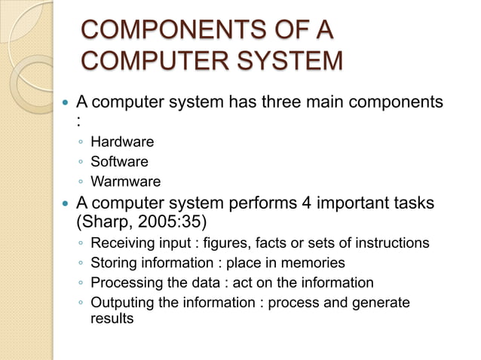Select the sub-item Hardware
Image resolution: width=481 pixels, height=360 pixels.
(x=122, y=142)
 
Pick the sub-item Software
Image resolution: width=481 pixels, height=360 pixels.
(x=119, y=161)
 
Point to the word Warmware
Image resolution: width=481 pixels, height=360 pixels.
(x=125, y=181)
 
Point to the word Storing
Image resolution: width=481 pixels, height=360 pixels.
(x=114, y=263)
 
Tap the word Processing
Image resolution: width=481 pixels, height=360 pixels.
(x=124, y=282)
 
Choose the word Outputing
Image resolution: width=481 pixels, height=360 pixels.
(x=122, y=303)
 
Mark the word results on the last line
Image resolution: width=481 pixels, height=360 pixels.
(x=112, y=319)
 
